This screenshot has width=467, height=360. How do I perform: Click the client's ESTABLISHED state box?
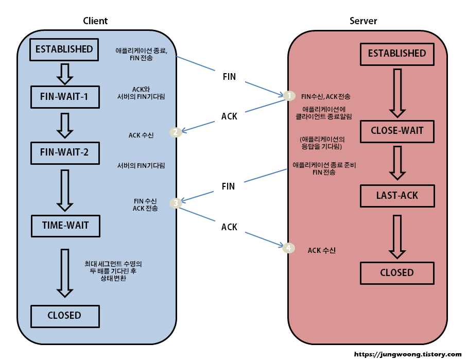(64, 49)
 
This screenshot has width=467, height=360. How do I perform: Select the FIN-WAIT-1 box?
(64, 96)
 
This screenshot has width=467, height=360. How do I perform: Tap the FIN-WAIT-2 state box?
(64, 152)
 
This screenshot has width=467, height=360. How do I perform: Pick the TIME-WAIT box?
(64, 226)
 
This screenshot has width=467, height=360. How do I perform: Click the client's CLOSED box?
(64, 315)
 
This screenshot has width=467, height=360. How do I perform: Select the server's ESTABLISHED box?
(396, 54)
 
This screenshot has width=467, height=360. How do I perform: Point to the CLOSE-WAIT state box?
(396, 131)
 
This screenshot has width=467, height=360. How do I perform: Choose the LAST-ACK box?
(396, 196)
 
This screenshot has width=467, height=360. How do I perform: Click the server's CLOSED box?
(396, 272)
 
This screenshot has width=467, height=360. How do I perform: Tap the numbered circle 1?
(289, 96)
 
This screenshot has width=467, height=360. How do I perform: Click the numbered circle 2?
(176, 132)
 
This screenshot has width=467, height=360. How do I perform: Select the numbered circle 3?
(176, 203)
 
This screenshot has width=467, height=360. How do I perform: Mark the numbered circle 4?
(289, 248)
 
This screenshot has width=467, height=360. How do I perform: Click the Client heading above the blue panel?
(95, 21)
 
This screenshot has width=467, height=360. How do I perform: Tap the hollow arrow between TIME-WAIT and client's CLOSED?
(64, 273)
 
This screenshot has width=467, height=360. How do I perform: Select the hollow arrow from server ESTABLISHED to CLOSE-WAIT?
(396, 93)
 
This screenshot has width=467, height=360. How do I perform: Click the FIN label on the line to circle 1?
(229, 77)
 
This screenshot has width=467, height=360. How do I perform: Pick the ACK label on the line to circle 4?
(229, 227)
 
